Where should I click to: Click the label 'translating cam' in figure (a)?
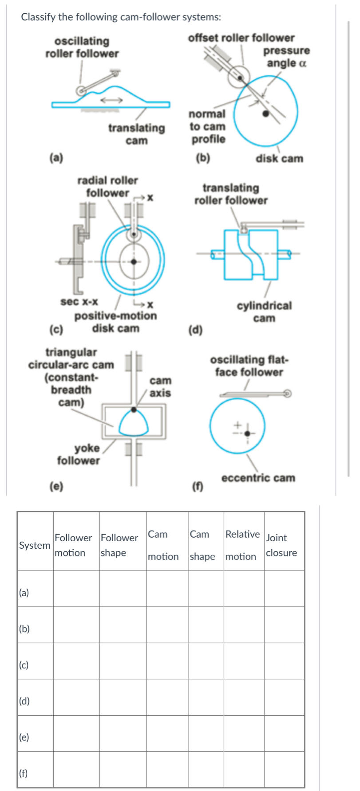136,134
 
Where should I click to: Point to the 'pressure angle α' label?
286,57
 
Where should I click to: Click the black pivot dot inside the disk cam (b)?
266,114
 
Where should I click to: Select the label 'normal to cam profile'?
207,126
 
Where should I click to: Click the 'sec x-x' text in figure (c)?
79,302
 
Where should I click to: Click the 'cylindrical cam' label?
264,311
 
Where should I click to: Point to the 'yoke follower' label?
79,454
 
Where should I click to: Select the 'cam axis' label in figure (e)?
160,387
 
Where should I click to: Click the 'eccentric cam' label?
258,478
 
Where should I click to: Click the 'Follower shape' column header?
119,545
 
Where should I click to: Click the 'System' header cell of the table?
35,545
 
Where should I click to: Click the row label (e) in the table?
24,737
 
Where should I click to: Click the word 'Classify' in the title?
38,17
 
